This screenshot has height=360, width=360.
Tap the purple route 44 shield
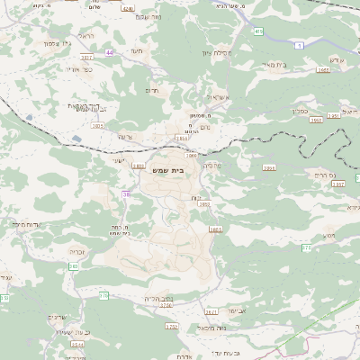pos(109,53)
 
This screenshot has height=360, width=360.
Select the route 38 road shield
pos(126,193)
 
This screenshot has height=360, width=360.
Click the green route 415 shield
pos(259,31)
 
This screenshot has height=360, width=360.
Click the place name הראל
pos(86,35)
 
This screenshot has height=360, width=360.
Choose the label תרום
pos(151,90)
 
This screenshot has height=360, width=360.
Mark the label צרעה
pos(125,137)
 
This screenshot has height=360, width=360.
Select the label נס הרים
pos(320,175)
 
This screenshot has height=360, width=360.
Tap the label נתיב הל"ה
pos(156,298)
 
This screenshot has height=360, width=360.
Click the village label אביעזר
pos(229,310)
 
